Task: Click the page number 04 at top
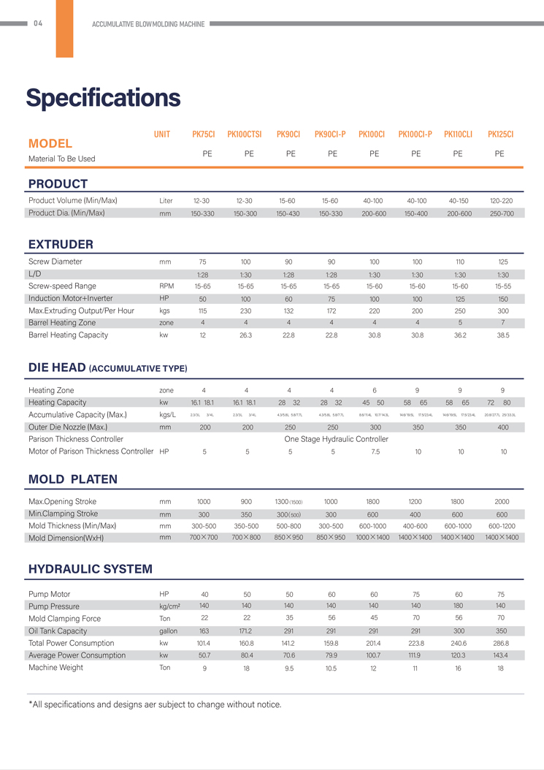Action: click(38, 23)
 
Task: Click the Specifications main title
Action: click(103, 97)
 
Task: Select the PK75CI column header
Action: click(203, 134)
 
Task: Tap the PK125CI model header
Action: click(500, 134)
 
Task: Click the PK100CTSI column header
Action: click(245, 134)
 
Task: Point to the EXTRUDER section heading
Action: click(61, 244)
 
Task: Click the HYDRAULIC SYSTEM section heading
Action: click(90, 569)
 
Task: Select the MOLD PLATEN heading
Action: click(72, 479)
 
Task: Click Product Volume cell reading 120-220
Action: click(501, 201)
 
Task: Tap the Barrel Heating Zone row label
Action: click(62, 323)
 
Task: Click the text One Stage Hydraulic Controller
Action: click(336, 440)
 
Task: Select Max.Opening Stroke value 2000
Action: click(502, 502)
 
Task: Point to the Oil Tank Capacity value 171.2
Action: click(246, 631)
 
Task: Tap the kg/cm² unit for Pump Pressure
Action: click(169, 606)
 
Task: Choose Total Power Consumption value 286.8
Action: click(501, 644)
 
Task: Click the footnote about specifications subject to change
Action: click(154, 704)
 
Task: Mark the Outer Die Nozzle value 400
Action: click(503, 427)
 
